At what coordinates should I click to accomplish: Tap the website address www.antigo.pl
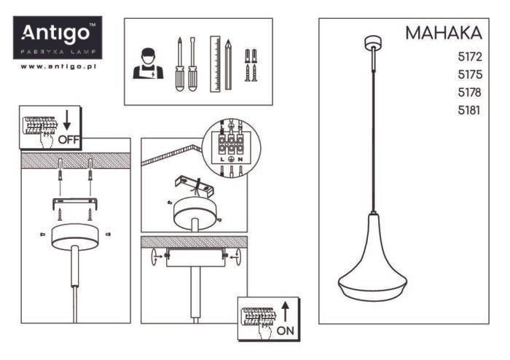point(58,66)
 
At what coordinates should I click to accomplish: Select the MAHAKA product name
point(444,33)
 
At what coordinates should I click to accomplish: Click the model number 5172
point(470,57)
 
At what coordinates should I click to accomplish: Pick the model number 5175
point(470,75)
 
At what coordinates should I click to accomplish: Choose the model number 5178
point(470,93)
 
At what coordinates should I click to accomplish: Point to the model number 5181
point(469,111)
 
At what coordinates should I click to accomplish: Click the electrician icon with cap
point(148,63)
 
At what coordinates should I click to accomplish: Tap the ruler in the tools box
point(215,64)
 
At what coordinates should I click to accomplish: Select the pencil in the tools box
point(228,65)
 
